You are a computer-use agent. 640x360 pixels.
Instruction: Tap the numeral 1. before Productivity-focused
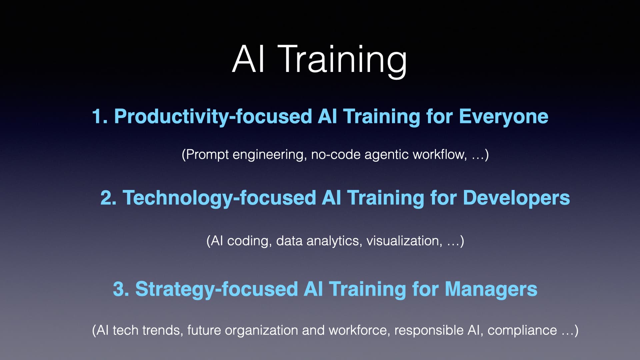click(x=100, y=117)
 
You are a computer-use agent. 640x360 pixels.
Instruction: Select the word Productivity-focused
click(x=213, y=117)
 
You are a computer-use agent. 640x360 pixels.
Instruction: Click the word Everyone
click(x=503, y=117)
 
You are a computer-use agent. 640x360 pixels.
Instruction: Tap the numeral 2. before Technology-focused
click(x=108, y=198)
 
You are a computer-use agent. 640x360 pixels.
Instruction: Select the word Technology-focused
click(x=219, y=198)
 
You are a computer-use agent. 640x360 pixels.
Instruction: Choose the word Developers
click(x=516, y=198)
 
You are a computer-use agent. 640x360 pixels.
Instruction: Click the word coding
click(x=249, y=241)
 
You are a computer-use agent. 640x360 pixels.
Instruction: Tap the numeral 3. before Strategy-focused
click(x=121, y=289)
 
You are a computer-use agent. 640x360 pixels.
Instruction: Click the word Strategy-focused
click(x=217, y=289)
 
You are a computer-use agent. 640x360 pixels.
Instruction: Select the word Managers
click(x=491, y=289)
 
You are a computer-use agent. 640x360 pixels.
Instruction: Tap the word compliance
click(x=522, y=330)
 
